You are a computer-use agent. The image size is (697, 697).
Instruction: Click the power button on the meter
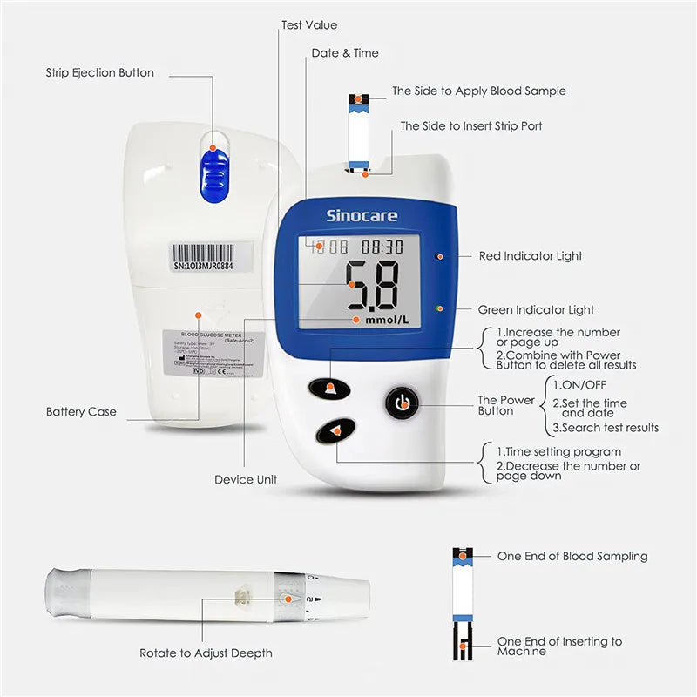(402, 403)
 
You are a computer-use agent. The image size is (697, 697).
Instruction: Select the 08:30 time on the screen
(382, 247)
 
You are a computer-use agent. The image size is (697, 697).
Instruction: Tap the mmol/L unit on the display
(388, 321)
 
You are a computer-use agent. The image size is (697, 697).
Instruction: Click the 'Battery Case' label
(81, 411)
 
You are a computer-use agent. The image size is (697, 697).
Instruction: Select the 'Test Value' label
(309, 25)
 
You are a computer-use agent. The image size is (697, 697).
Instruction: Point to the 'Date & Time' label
(345, 53)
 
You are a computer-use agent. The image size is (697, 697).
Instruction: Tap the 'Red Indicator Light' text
(531, 256)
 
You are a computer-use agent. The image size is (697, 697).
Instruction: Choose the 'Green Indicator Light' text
(536, 309)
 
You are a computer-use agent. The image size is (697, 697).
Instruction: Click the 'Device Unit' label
(246, 479)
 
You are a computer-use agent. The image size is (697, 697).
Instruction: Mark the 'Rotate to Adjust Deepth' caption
(206, 653)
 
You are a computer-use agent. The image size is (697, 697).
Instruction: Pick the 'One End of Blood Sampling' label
(572, 556)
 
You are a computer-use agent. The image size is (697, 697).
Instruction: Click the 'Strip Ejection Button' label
(100, 73)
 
